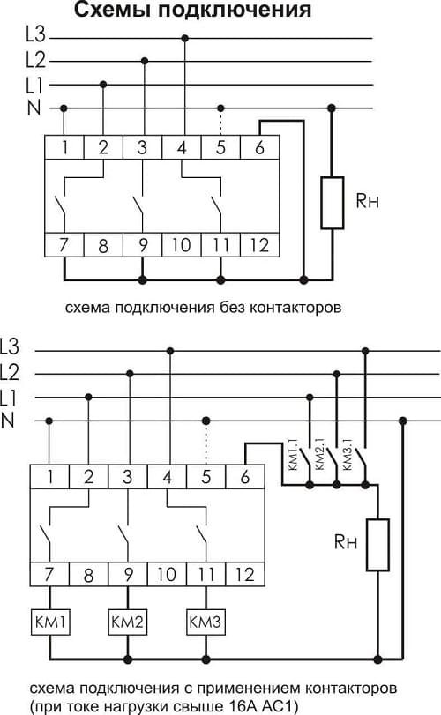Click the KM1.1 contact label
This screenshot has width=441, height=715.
[x=292, y=455]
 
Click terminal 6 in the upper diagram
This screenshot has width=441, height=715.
[x=259, y=147]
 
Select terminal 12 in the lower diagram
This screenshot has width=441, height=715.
[x=245, y=575]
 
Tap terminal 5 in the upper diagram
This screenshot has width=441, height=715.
[x=220, y=147]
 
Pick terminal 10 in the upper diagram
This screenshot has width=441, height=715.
[x=182, y=245]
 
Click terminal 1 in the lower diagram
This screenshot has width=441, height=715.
[x=49, y=476]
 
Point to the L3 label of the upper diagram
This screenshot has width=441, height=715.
[x=35, y=35]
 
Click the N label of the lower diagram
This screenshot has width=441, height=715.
[x=8, y=421]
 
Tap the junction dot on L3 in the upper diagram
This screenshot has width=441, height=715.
[x=184, y=38]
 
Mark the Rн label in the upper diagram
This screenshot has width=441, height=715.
[x=367, y=201]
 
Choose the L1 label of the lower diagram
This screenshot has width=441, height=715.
[x=8, y=398]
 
